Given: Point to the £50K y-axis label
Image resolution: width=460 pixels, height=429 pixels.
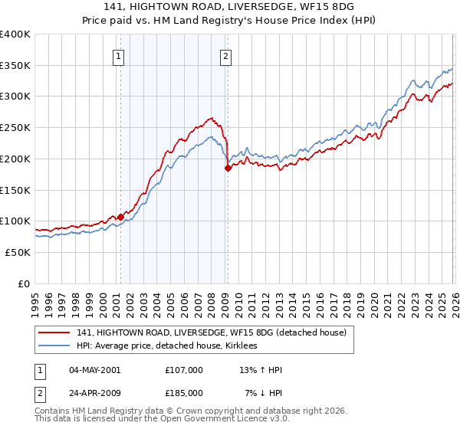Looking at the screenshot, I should coord(18,252).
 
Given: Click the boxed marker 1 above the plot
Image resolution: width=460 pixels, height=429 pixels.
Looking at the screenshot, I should coord(120,55).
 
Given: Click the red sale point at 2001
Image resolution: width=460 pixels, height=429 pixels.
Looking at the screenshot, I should coord(120,217).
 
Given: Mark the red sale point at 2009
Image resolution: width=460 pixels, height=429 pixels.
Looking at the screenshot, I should coord(228,169).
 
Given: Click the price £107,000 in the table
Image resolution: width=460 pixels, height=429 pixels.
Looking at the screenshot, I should coord(184,370).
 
